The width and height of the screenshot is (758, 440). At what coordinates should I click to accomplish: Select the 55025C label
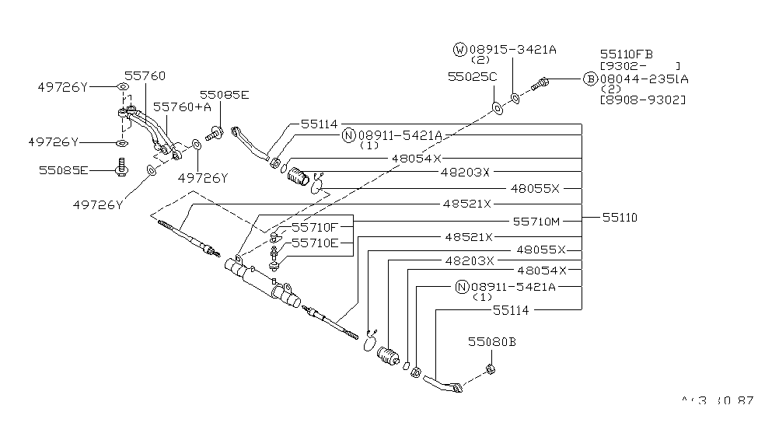(471, 78)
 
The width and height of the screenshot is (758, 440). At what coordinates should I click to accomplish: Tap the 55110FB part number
(626, 54)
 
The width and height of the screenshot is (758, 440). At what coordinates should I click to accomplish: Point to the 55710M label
(536, 222)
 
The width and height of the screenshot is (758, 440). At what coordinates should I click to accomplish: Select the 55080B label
(492, 341)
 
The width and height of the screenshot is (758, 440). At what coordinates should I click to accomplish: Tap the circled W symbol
(459, 50)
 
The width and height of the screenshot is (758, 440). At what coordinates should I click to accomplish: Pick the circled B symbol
(591, 79)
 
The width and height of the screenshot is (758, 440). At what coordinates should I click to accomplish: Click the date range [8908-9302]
(642, 100)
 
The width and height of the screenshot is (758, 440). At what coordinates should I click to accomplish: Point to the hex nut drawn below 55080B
(491, 368)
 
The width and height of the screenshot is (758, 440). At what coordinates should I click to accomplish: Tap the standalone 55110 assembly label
(619, 218)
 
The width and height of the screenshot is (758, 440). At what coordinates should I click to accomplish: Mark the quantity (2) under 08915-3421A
(481, 60)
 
